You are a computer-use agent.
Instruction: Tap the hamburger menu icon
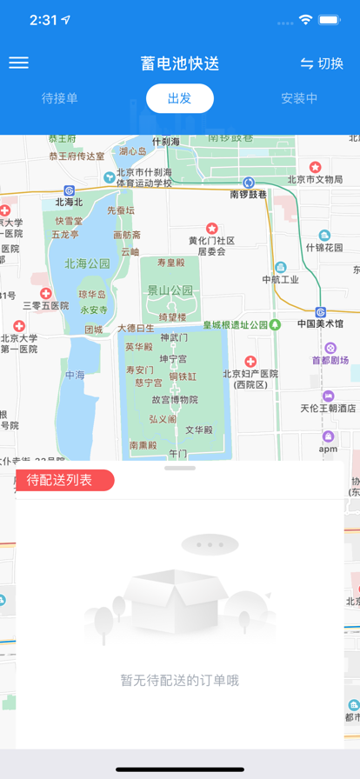(18, 63)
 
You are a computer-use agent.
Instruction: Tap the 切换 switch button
(322, 63)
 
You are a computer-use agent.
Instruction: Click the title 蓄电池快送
(180, 63)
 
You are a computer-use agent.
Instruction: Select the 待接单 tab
(60, 98)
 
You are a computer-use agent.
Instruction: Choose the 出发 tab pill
(180, 98)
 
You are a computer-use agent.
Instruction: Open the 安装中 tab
(299, 98)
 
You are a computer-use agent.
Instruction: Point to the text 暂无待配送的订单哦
(180, 681)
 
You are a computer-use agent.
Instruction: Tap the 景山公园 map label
(170, 290)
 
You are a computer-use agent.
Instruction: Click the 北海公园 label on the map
(87, 263)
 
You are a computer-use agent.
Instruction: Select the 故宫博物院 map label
(175, 400)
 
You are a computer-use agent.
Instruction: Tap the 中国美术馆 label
(320, 324)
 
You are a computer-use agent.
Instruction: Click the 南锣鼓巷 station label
(249, 195)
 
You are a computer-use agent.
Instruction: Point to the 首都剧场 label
(330, 360)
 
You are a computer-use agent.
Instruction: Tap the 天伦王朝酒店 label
(329, 408)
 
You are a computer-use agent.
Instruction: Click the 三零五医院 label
(45, 306)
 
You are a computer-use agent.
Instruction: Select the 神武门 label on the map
(174, 337)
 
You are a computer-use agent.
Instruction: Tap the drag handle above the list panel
(180, 468)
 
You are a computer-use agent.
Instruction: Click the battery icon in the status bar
(330, 19)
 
